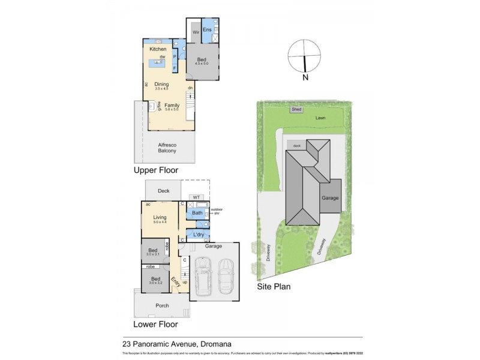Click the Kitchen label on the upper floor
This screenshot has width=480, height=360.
(158, 49)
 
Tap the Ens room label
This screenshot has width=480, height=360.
(207, 29)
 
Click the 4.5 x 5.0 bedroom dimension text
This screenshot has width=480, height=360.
(202, 64)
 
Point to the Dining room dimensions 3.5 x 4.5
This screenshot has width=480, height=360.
(161, 89)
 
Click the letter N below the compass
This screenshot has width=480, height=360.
(305, 77)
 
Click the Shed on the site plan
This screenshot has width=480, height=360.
(296, 110)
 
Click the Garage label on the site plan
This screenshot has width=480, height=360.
(330, 197)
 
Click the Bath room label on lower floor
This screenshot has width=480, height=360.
(197, 213)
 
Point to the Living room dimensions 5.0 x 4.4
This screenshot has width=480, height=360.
(159, 223)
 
